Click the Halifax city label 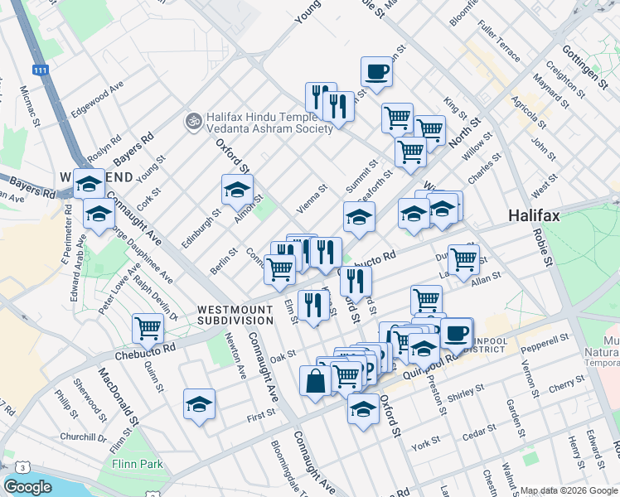534,216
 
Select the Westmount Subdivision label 235,315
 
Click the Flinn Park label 140,465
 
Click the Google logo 28,487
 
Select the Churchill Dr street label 84,437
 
